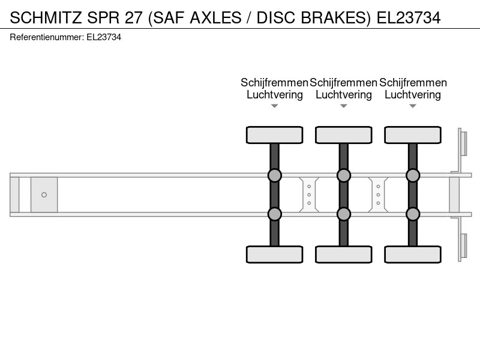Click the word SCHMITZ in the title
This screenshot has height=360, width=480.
(46, 17)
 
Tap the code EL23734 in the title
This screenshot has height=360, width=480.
(409, 17)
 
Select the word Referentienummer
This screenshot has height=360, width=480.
(47, 37)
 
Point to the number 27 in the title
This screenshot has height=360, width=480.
(133, 17)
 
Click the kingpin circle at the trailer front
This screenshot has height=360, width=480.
(44, 194)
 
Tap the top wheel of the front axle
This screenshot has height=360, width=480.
(275, 135)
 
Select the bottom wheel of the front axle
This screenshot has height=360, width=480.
(275, 254)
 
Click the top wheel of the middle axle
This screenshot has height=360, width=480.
(344, 135)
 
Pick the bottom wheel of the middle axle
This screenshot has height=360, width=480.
(344, 254)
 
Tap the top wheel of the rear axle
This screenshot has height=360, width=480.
(413, 135)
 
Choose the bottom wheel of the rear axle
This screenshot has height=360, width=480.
(413, 254)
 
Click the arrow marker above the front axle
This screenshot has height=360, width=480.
(275, 106)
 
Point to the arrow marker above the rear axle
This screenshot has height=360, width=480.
(413, 106)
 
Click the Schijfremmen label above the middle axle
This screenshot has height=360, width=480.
(343, 83)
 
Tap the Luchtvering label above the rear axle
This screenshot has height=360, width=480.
(413, 95)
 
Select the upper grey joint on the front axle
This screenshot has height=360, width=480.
(275, 175)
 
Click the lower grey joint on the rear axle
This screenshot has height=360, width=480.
(413, 214)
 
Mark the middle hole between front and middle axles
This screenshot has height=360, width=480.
(309, 194)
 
